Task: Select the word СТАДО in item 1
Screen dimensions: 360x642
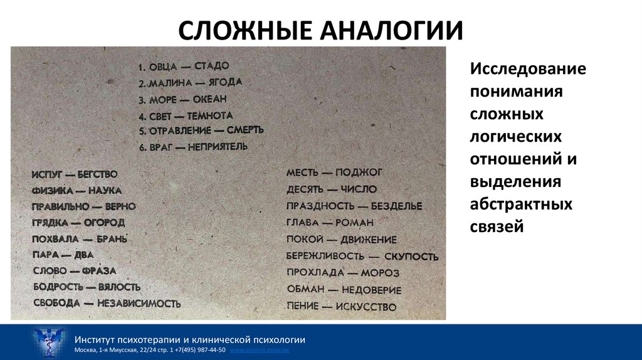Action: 212,66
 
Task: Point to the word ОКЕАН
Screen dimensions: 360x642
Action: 211,99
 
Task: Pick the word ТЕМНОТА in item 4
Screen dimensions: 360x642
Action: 210,116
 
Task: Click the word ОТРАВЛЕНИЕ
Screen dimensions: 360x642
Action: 177,131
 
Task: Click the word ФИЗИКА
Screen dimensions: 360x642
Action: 48,190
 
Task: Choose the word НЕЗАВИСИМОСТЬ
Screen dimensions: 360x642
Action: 139,304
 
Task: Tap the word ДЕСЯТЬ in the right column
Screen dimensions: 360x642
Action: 305,189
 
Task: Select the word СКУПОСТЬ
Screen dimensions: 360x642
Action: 411,257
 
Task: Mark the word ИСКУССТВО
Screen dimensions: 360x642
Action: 366,307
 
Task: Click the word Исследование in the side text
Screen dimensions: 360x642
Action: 529,68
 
